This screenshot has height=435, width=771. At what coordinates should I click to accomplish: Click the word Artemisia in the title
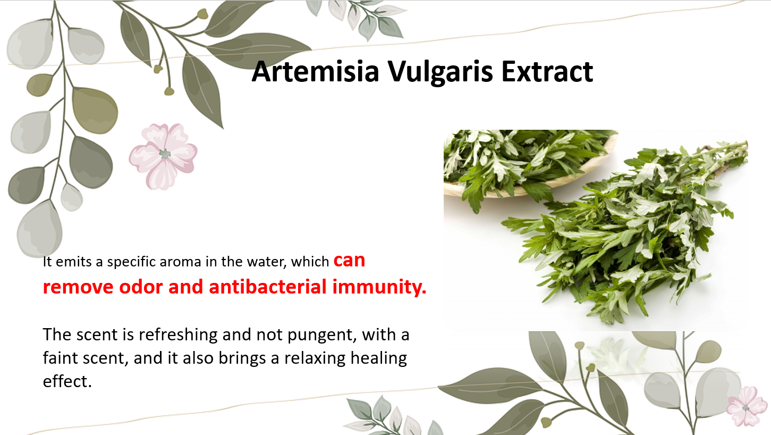(x=315, y=71)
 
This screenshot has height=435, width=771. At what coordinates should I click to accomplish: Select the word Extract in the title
(x=547, y=71)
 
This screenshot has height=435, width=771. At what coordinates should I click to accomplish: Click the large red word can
(x=349, y=261)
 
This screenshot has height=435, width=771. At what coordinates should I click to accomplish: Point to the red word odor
(x=140, y=287)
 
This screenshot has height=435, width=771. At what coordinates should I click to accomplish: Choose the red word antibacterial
(x=267, y=287)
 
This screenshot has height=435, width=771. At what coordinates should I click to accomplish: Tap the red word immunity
(x=379, y=287)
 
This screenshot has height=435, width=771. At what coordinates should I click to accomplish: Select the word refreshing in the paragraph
(x=178, y=335)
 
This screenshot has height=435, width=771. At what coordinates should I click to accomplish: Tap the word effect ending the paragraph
(x=67, y=381)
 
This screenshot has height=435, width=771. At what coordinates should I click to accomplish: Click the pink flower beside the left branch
(x=163, y=156)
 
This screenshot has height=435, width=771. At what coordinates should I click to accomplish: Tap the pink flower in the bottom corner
(x=747, y=406)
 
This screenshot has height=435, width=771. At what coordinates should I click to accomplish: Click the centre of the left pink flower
(x=165, y=154)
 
